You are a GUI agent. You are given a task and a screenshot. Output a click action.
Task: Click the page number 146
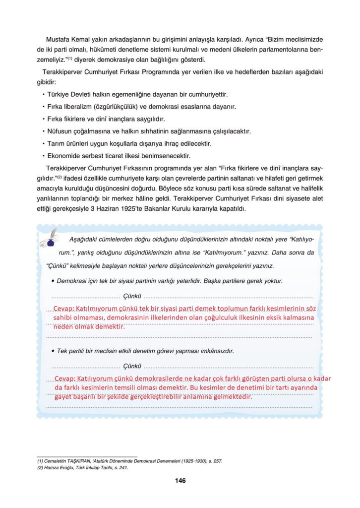click(180, 481)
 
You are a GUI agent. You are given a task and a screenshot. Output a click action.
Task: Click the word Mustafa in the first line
click(57, 39)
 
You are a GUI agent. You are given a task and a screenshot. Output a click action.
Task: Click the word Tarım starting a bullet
click(58, 144)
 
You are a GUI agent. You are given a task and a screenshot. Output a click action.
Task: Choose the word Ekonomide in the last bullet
click(66, 156)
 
